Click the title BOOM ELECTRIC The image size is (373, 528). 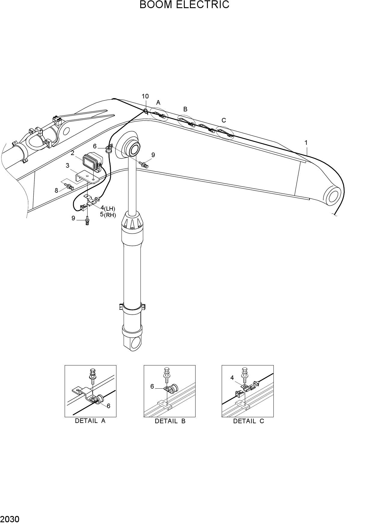tap(184, 5)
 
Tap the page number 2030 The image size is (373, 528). tap(10, 519)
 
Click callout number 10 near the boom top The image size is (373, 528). tap(145, 96)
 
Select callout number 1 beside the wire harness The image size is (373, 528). tap(306, 143)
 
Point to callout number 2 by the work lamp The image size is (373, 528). tap(72, 153)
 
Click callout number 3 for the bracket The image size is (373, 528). tap(68, 166)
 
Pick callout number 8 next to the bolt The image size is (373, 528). tap(56, 190)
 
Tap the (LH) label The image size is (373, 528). tap(109, 209)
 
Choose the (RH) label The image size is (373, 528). tap(110, 215)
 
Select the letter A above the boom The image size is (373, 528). tap(158, 103)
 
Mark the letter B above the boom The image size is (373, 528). tap(185, 109)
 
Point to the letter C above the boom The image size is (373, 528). tap(223, 120)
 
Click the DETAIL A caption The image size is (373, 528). tap(90, 421)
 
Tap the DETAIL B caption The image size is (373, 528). tap(170, 421)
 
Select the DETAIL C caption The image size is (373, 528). tap(248, 421)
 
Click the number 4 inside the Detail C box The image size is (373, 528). tap(232, 378)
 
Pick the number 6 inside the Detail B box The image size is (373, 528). tap(152, 387)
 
